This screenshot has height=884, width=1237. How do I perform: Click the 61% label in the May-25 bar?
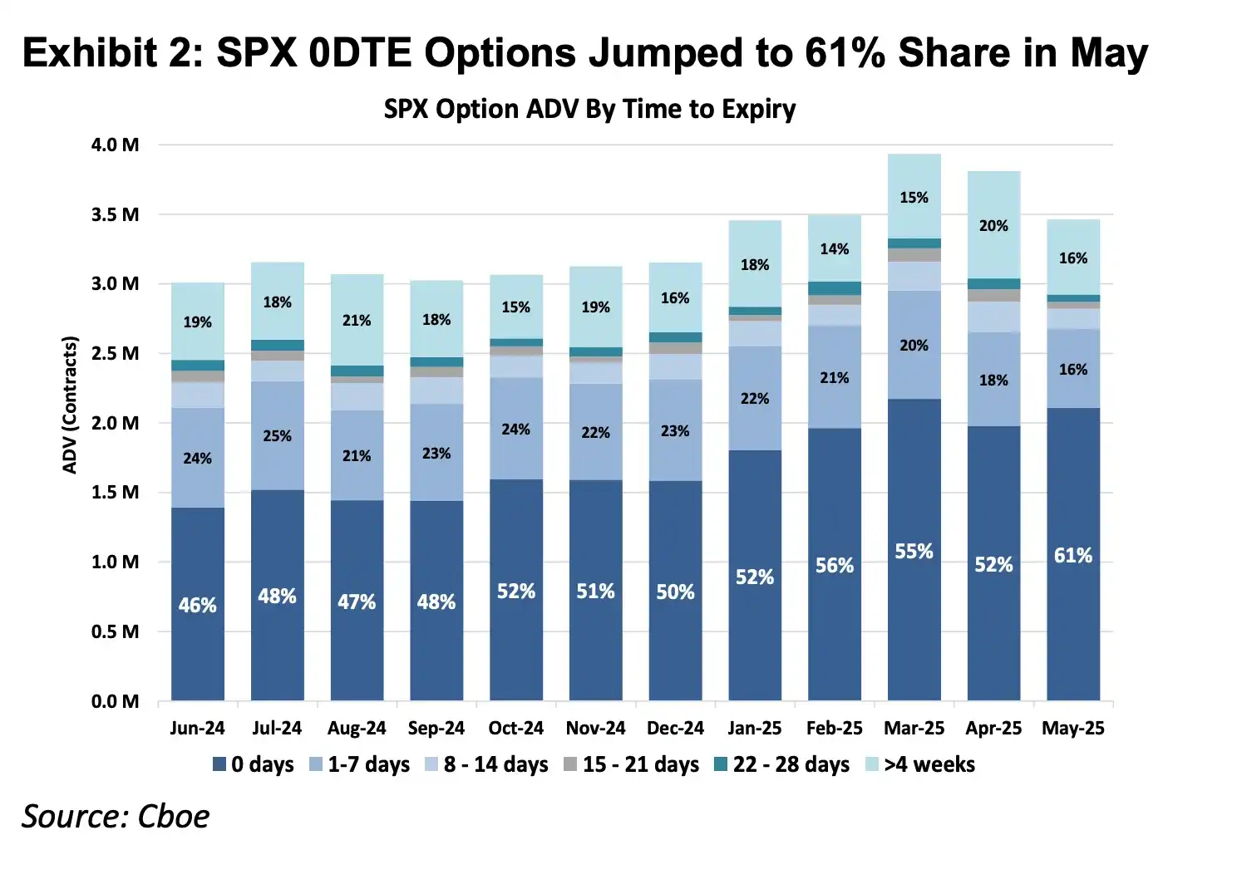1072,555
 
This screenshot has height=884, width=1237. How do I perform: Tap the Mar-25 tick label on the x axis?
914,728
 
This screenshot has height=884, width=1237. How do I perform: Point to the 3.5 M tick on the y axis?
116,214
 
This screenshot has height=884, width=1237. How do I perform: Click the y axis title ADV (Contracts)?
70,405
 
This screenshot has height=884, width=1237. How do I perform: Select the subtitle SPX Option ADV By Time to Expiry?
589,110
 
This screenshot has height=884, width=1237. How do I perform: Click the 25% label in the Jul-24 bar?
277,435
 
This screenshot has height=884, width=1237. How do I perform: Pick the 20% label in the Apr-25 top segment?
993,225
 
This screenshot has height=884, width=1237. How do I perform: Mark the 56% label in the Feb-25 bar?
834,565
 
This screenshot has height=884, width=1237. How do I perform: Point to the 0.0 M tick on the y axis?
116,701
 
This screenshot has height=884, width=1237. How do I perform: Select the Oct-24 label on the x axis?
515,728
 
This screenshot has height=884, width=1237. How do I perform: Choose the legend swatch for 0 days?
219,764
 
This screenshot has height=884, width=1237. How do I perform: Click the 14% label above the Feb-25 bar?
834,248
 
